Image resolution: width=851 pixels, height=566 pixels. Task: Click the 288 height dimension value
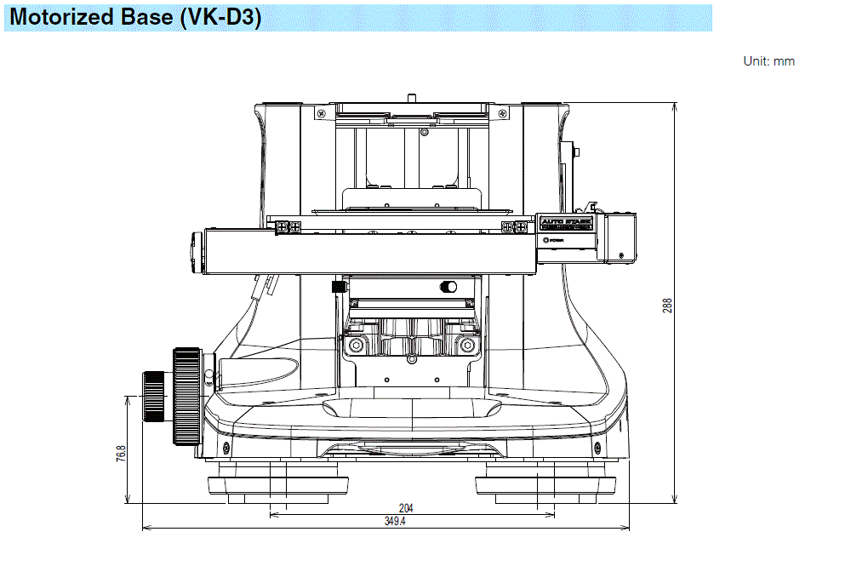pos(667,305)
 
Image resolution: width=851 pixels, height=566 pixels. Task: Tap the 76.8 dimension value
pos(121,453)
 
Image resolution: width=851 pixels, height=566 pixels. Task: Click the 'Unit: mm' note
pos(768,61)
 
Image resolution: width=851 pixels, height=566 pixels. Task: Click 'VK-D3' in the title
pos(220,18)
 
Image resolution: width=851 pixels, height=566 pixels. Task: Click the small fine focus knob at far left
pos(153,397)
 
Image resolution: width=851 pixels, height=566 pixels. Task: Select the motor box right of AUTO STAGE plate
pos(618,236)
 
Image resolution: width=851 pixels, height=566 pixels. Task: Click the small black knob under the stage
pos(338,287)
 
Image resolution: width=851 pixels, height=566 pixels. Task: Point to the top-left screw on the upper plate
pos(320,112)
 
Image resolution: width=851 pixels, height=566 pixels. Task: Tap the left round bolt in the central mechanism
pos(355,345)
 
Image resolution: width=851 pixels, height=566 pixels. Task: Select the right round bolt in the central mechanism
pos(465,345)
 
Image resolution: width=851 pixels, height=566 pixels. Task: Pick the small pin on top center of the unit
pos(412,97)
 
